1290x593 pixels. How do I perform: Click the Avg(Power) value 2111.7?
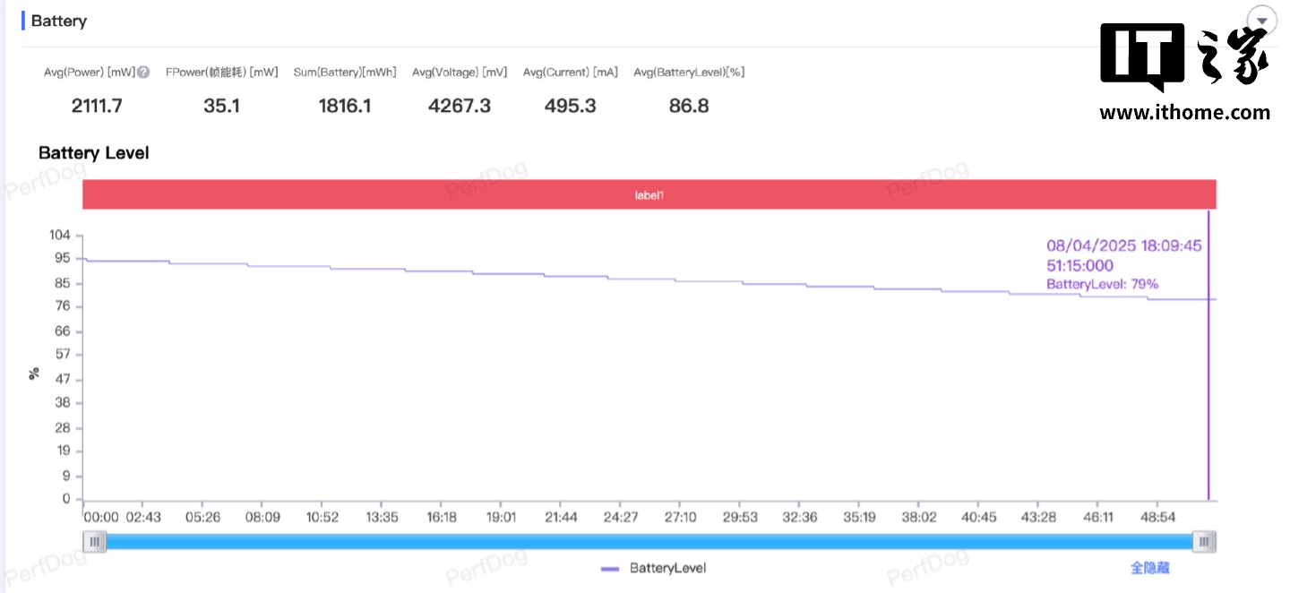coord(97,106)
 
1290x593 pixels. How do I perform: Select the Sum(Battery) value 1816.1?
coord(345,106)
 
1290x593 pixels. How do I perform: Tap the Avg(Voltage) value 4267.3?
coord(460,106)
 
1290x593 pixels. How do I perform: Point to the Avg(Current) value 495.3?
coord(571,106)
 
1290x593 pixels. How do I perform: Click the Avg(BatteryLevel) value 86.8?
coord(689,106)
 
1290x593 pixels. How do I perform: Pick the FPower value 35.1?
coord(221,106)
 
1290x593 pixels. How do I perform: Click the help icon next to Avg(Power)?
coord(143,73)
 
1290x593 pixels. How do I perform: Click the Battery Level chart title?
coord(93,153)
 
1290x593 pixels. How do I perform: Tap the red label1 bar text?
coord(649,194)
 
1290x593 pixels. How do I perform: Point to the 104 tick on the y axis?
coord(60,235)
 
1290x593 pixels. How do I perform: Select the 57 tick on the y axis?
coord(63,355)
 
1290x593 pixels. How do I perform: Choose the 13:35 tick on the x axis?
coord(382,518)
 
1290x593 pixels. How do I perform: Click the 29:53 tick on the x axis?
coord(740,518)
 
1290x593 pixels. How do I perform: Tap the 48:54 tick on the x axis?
coord(1157,518)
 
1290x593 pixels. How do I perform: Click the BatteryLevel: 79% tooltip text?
coord(1102,284)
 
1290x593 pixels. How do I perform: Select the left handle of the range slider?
coord(94,541)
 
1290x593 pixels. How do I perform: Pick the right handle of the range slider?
coord(1205,541)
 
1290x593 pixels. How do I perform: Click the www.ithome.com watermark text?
coord(1184,113)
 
